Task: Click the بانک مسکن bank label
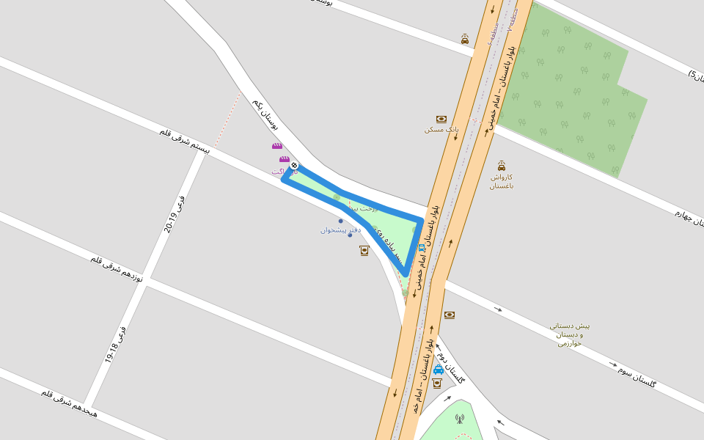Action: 441,129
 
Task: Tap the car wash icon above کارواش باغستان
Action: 502,166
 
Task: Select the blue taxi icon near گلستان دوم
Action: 439,370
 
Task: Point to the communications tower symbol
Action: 460,419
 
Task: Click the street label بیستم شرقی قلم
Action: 185,140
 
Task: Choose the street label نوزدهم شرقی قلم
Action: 117,269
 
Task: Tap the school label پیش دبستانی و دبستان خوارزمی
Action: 570,334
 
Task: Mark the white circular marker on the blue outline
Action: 294,166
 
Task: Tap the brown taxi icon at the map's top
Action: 465,39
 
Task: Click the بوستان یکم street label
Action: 265,114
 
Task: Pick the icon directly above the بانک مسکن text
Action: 441,119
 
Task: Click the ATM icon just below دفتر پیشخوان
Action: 364,251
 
